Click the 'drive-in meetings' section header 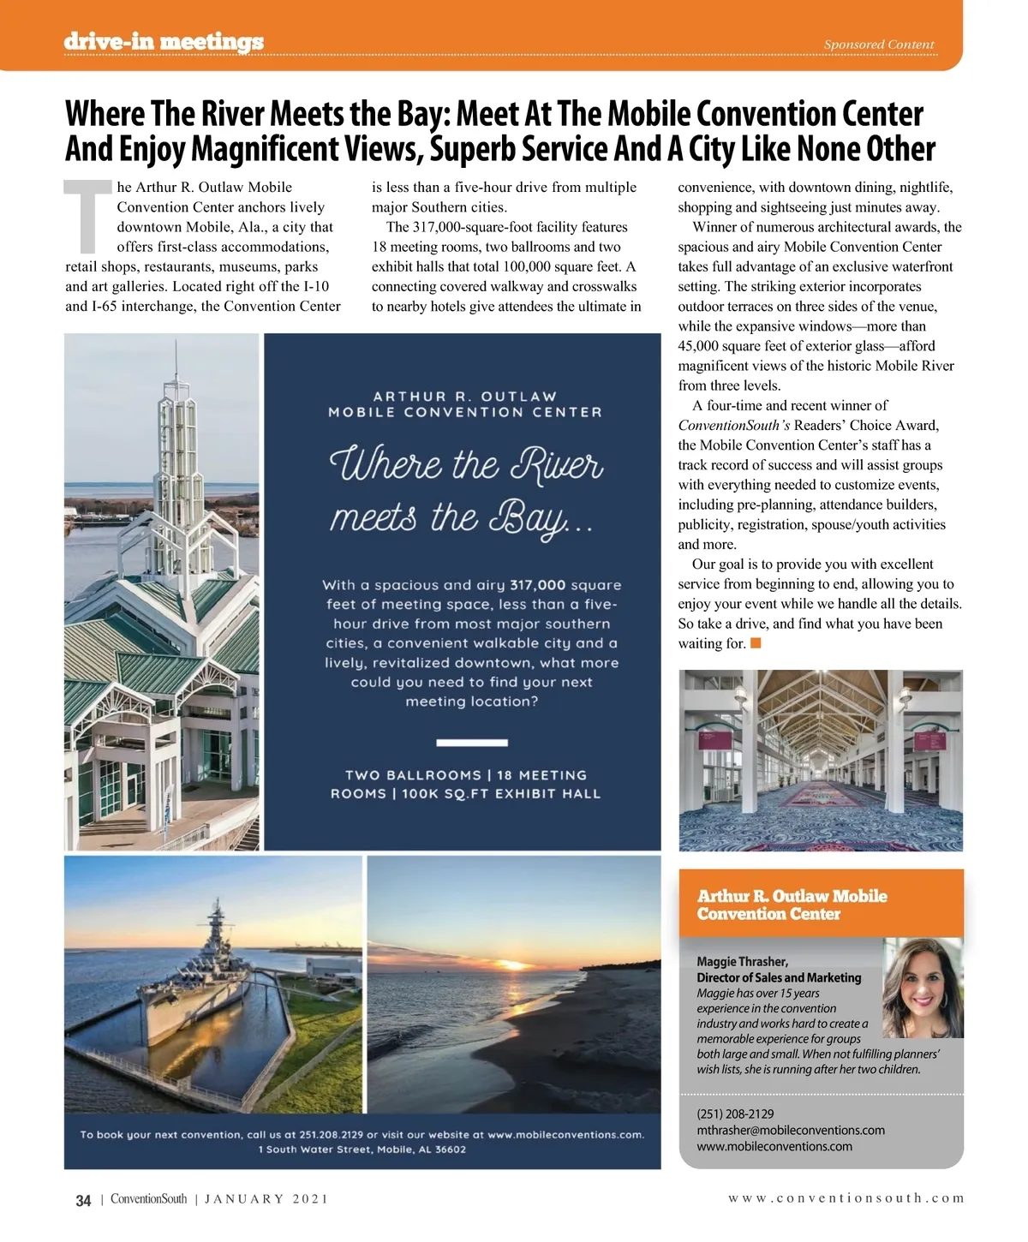(164, 41)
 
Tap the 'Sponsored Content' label (879, 45)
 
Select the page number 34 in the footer (83, 1200)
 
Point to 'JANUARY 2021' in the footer (266, 1199)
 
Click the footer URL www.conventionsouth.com (846, 1198)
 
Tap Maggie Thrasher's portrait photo (923, 988)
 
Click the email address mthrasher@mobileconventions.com (791, 1130)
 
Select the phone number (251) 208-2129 (735, 1114)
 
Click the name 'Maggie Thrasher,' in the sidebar (742, 961)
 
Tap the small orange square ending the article (756, 642)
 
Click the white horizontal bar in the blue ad (472, 743)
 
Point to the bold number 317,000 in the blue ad (537, 585)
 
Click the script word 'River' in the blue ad (557, 465)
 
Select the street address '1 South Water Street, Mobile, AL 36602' (362, 1149)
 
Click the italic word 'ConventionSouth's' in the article (734, 426)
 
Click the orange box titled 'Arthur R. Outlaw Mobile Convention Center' (821, 905)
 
